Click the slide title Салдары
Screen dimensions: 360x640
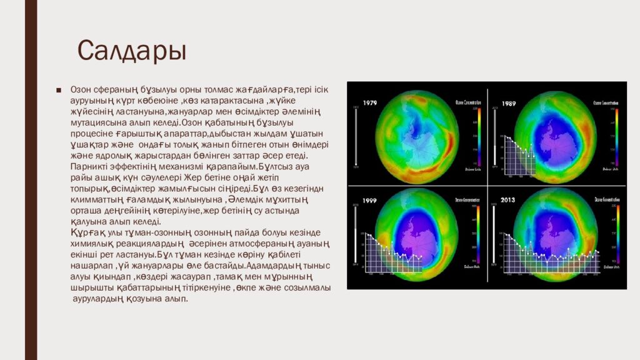pos(131,51)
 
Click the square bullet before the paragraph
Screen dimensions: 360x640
pos(58,90)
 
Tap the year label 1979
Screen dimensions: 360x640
pos(369,102)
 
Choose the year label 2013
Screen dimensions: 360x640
pos(507,200)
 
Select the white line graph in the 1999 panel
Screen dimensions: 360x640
pos(394,248)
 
